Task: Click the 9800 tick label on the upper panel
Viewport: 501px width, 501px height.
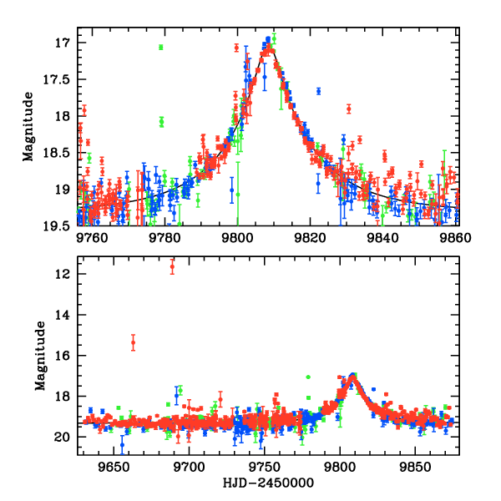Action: point(237,237)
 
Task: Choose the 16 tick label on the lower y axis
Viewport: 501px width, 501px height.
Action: point(61,356)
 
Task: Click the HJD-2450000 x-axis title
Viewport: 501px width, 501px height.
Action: point(269,483)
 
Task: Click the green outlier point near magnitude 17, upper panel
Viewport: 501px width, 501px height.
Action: point(161,47)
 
